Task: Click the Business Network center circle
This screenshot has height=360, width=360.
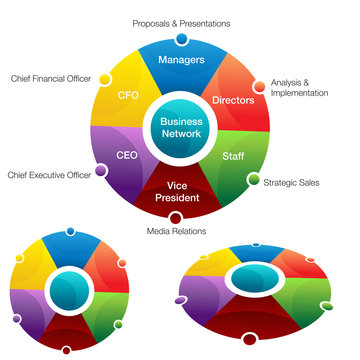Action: [180, 127]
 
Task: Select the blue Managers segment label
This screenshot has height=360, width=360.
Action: [181, 61]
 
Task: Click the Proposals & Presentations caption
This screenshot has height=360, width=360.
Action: [180, 22]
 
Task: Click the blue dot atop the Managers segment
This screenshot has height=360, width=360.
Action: [181, 39]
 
